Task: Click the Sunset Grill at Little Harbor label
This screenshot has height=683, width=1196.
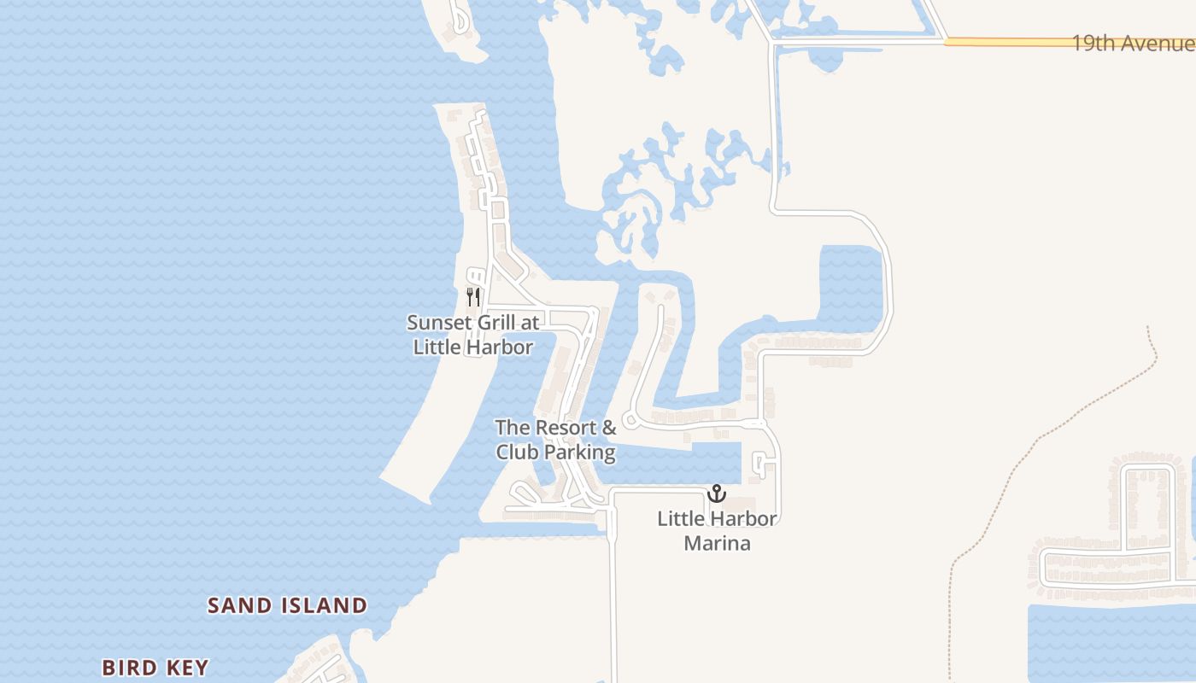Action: (x=473, y=335)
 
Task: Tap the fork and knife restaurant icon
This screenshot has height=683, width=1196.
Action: (x=473, y=296)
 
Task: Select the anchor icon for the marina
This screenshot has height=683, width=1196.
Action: (x=716, y=493)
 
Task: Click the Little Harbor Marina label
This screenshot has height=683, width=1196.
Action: (x=717, y=530)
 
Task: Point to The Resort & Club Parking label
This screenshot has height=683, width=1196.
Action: (x=556, y=440)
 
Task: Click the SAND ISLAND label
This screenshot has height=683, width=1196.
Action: (x=288, y=606)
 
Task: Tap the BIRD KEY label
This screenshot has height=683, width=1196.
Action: (x=155, y=668)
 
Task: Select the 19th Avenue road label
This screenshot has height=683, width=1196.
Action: (x=1132, y=44)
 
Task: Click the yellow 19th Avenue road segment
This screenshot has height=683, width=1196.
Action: (x=1008, y=41)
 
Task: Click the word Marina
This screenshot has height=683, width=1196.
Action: (x=717, y=543)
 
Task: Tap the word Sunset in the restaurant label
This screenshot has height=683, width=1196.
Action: (x=437, y=323)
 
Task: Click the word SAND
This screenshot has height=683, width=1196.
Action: (x=241, y=606)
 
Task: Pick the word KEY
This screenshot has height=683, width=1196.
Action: (x=187, y=668)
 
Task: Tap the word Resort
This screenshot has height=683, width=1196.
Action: (x=567, y=427)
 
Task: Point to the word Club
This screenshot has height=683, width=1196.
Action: (x=515, y=452)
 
